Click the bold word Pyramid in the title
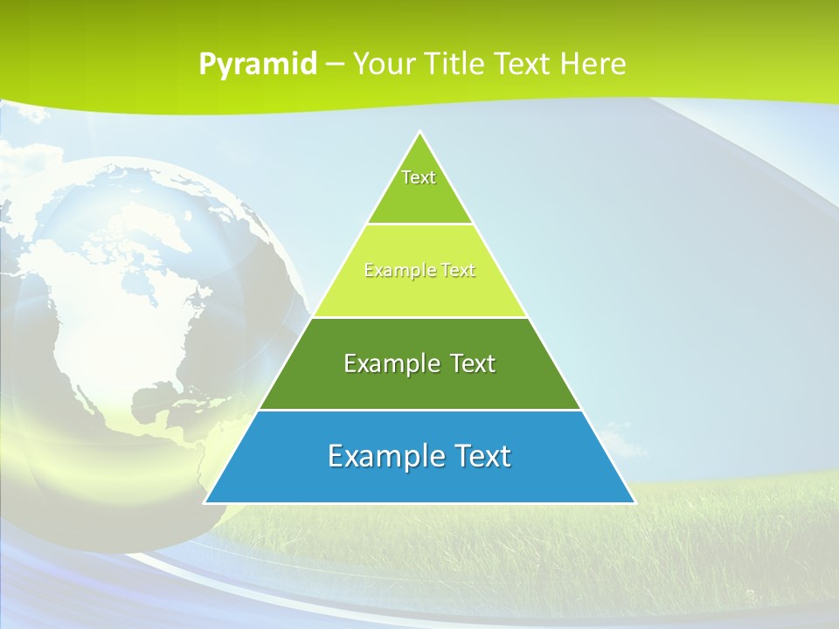[258, 65]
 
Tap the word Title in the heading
[456, 64]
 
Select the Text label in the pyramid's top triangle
[419, 177]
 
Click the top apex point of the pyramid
[420, 132]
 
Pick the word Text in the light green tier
[458, 271]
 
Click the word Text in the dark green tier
[474, 363]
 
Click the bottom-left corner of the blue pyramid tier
[205, 502]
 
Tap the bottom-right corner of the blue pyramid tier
[634, 502]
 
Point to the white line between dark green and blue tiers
[419, 410]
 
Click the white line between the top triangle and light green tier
[419, 224]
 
